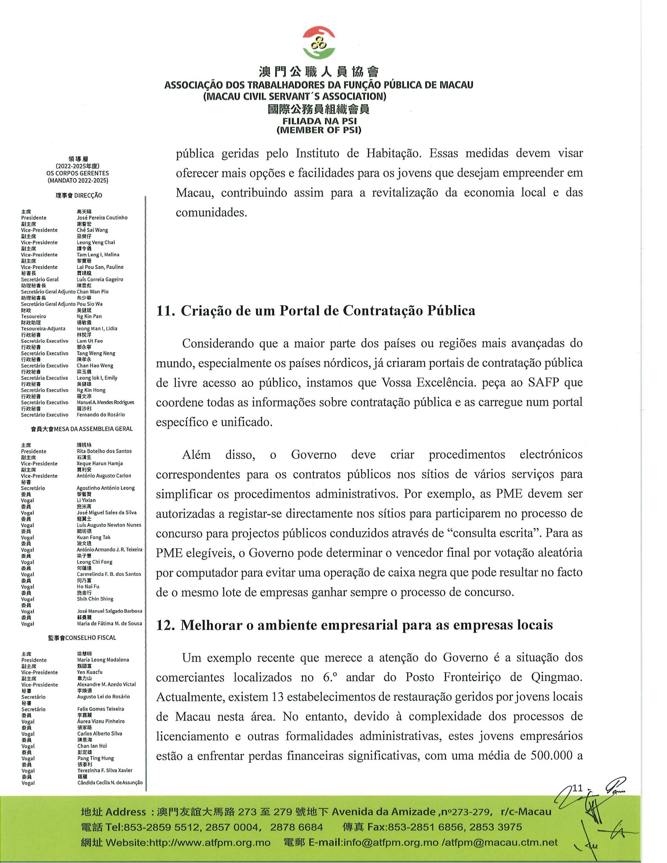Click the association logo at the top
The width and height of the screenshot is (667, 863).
click(319, 42)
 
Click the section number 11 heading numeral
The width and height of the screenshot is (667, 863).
click(165, 311)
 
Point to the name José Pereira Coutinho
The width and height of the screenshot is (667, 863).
click(102, 218)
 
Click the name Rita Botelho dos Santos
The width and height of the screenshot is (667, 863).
click(104, 451)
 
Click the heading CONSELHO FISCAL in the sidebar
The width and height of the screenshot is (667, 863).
click(91, 637)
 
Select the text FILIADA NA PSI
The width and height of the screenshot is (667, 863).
click(319, 122)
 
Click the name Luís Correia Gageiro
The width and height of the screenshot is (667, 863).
click(100, 279)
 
